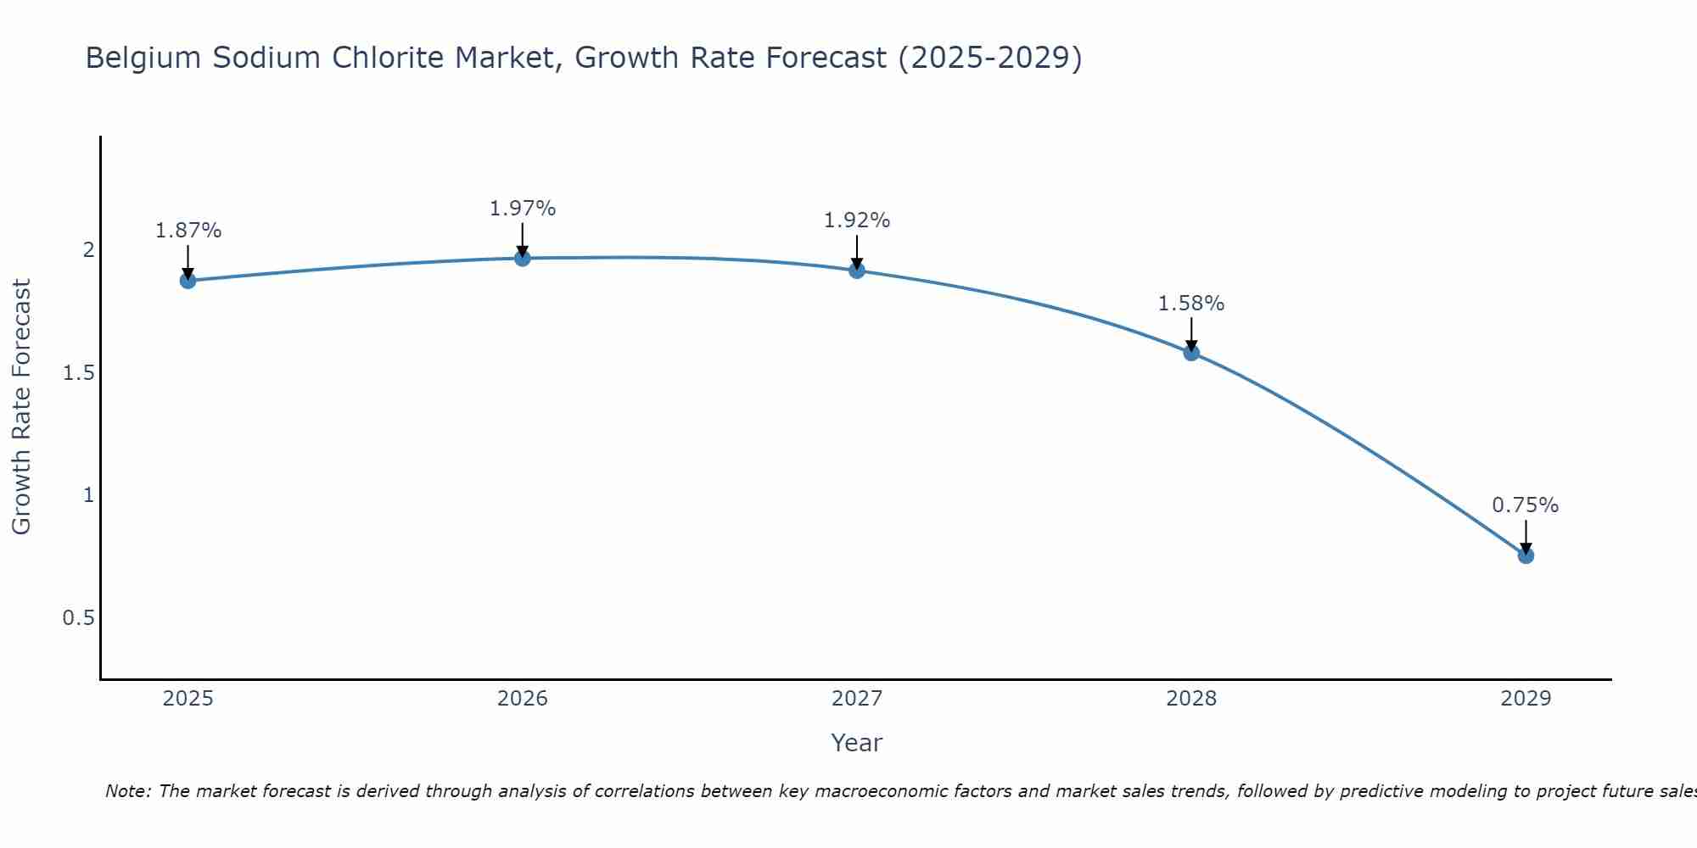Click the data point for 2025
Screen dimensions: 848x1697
coord(188,281)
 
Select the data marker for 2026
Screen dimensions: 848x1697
coord(523,258)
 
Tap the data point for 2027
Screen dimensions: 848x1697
coord(857,271)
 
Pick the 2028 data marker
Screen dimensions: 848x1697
coord(1191,353)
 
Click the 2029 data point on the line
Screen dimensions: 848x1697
coord(1526,555)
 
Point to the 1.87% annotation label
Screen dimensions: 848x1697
coord(188,231)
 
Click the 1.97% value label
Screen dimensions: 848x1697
coord(523,209)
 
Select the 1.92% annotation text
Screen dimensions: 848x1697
coord(857,220)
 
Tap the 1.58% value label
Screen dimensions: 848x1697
coord(1191,304)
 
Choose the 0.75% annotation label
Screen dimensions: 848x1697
coord(1526,505)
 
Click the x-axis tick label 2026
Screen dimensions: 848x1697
coord(523,699)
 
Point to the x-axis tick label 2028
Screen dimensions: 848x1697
coord(1191,699)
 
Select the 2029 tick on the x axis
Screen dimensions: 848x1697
coord(1526,699)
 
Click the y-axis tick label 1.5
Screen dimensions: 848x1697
coord(78,373)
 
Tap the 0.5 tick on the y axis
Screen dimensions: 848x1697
coord(78,618)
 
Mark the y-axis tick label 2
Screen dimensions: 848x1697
coord(88,250)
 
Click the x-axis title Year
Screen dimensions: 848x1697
coord(857,744)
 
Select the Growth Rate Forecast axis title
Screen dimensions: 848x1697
coord(22,407)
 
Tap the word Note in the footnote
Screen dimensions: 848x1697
coord(127,792)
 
